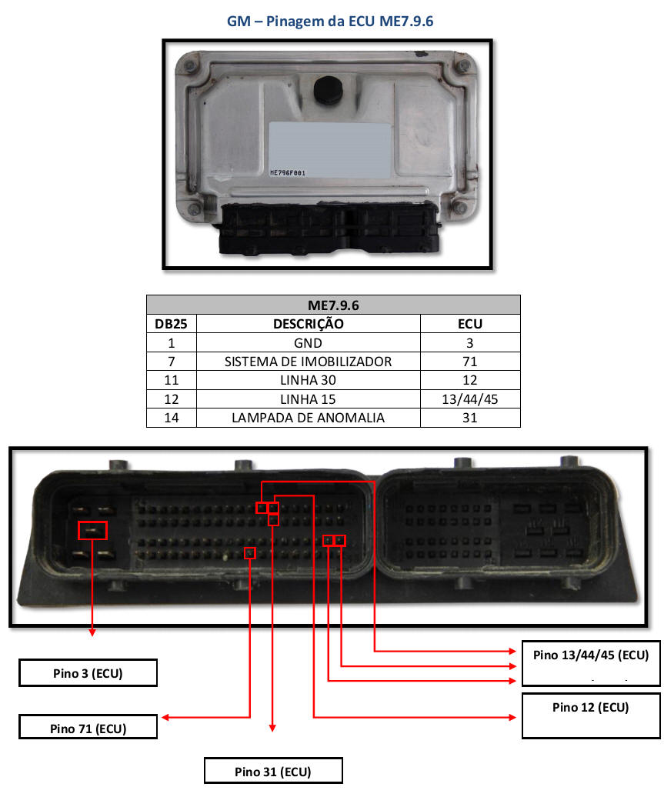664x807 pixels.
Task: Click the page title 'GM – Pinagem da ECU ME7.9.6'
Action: (x=330, y=21)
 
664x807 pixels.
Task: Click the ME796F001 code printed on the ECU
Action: (x=288, y=173)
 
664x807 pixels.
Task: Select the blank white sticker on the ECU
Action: (x=329, y=150)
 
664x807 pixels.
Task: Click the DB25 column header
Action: (x=171, y=323)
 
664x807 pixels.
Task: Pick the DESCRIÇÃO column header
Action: (x=308, y=323)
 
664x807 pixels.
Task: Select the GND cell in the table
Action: (x=308, y=342)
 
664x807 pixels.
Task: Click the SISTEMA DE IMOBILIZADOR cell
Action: (x=308, y=361)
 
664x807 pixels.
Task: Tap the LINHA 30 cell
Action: (x=308, y=380)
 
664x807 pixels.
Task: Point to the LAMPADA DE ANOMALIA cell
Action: (x=308, y=418)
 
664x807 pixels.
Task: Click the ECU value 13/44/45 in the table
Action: (x=470, y=398)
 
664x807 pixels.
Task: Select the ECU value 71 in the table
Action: (x=470, y=361)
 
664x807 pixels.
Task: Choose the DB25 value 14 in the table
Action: (x=171, y=418)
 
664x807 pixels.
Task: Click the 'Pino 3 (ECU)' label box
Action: (x=88, y=673)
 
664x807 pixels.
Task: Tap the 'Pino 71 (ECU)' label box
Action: (x=88, y=727)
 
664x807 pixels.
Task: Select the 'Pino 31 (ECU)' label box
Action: (x=272, y=771)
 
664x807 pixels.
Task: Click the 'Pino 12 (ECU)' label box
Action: (x=590, y=715)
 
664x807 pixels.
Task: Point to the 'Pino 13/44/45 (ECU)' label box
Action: (x=590, y=662)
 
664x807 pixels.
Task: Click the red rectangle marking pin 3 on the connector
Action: (x=93, y=530)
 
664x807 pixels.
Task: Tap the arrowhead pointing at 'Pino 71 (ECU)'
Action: (x=165, y=718)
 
